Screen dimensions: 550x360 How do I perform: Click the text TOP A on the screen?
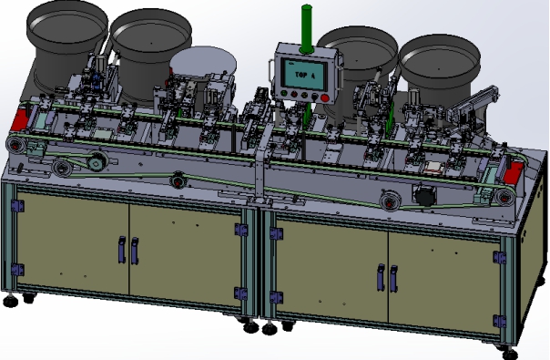305,75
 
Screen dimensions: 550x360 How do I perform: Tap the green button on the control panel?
284,94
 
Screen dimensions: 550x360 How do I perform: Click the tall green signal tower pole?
307,29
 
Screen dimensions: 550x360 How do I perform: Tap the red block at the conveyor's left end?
20,120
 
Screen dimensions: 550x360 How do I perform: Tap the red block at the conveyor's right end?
514,172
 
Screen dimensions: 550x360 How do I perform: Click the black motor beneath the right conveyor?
423,195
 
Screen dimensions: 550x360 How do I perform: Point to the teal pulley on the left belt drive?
96,162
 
